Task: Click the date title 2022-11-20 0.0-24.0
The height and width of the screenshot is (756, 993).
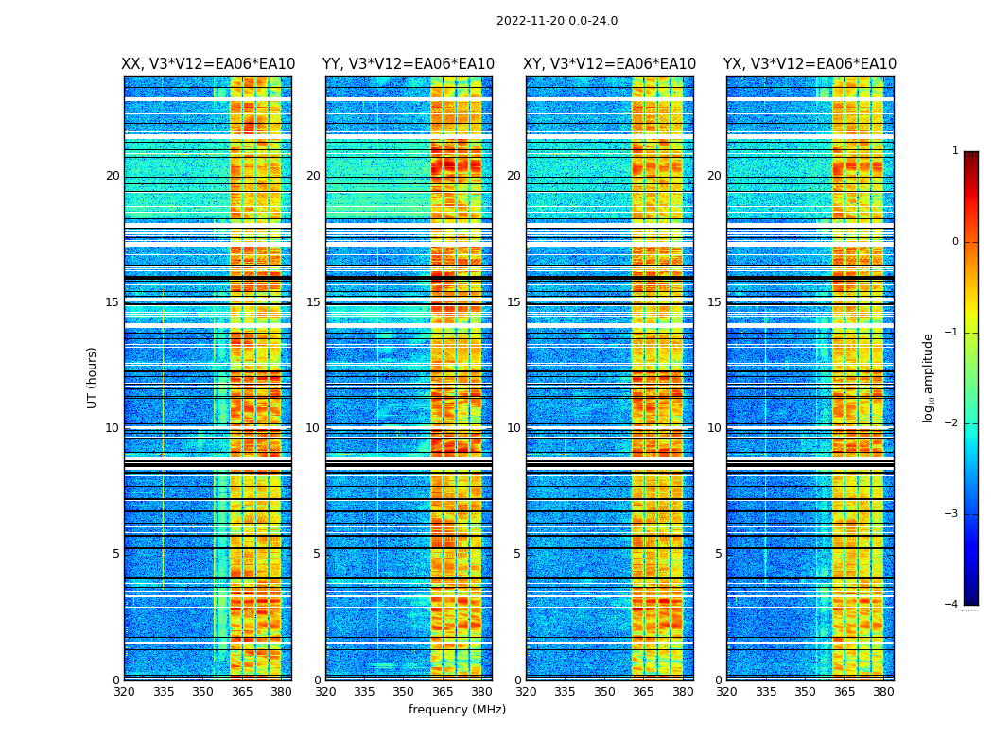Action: click(x=557, y=21)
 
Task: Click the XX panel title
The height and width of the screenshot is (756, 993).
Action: click(x=208, y=64)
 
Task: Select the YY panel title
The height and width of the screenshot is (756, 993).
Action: click(x=409, y=64)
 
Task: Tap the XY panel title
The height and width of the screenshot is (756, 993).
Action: click(x=610, y=64)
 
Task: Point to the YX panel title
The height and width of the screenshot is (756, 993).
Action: click(x=810, y=64)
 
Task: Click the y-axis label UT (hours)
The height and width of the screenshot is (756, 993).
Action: click(x=93, y=377)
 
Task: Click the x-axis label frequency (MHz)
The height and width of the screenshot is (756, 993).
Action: click(x=457, y=710)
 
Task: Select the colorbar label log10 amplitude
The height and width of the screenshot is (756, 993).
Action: click(x=929, y=377)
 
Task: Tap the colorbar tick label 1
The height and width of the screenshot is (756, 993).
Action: click(x=955, y=151)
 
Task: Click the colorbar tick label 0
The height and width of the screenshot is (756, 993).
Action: click(x=955, y=242)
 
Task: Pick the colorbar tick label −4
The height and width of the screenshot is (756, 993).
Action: click(x=952, y=605)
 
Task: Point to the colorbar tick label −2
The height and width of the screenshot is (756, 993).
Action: click(x=952, y=423)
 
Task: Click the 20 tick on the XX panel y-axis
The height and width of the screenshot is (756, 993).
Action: click(x=113, y=176)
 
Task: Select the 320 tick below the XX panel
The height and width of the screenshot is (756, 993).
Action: click(x=124, y=692)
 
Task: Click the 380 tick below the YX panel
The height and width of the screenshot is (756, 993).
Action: click(x=884, y=692)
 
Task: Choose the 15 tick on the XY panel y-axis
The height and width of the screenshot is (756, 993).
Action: click(x=514, y=302)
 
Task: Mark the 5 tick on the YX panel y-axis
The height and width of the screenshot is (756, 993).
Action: click(x=719, y=554)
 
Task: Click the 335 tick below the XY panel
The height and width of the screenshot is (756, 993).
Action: click(x=566, y=692)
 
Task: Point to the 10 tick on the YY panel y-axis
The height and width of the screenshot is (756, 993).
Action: click(x=313, y=428)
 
